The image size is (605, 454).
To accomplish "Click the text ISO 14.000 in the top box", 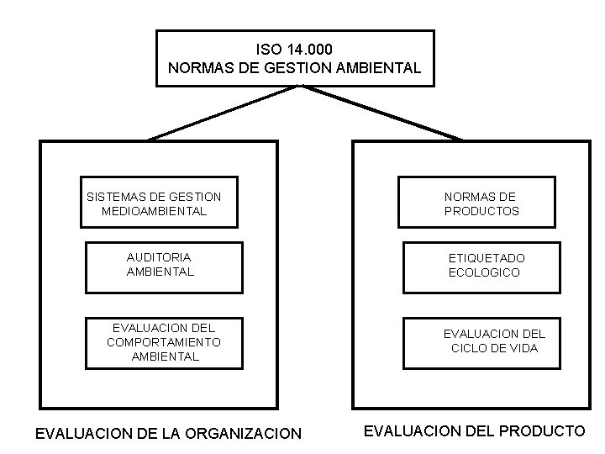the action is [295, 50].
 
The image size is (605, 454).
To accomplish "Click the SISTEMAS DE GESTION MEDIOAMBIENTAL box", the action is [158, 202].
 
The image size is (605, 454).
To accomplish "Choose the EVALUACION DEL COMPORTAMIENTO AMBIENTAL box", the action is [164, 342].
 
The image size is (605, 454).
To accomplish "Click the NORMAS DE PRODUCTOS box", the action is [476, 202].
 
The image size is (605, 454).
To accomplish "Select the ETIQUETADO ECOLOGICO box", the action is [478, 267].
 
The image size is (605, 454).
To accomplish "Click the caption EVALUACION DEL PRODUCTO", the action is [474, 431].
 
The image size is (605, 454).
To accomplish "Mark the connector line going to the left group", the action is [223, 113].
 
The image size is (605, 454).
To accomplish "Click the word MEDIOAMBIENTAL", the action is [154, 211].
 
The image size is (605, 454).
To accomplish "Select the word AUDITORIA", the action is [159, 256].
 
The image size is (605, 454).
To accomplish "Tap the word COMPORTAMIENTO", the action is [164, 342].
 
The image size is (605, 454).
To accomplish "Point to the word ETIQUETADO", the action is [487, 258].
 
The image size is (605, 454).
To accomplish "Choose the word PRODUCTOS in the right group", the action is [481, 211].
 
